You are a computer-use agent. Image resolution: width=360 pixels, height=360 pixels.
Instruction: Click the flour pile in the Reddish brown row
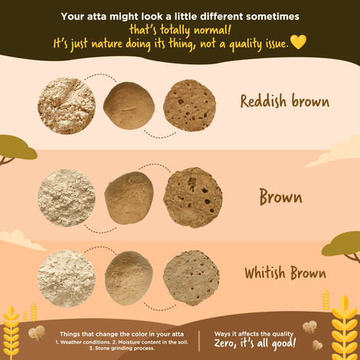coord(66,106)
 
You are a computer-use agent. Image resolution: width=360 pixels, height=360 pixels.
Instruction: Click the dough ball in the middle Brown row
coord(129,198)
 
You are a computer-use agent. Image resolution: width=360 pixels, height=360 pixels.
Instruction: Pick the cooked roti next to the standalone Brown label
coord(192,198)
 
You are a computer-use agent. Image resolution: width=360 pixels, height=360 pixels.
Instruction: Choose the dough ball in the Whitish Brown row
coord(128,276)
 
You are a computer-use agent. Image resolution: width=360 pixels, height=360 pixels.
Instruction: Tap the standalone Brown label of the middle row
coord(280,198)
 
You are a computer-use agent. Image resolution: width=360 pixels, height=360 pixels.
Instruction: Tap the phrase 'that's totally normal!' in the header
coord(180,29)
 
